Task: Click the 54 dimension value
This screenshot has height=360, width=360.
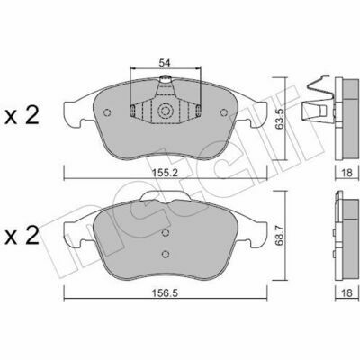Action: [165, 63]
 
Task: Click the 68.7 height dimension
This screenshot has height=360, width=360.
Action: [280, 238]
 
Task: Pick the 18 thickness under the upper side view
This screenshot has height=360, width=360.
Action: [347, 173]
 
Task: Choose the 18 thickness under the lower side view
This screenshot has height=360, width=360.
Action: [347, 292]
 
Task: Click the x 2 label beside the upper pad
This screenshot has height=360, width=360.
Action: [22, 116]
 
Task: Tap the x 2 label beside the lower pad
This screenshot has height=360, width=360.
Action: [22, 236]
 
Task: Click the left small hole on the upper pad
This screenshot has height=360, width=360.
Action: [107, 112]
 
